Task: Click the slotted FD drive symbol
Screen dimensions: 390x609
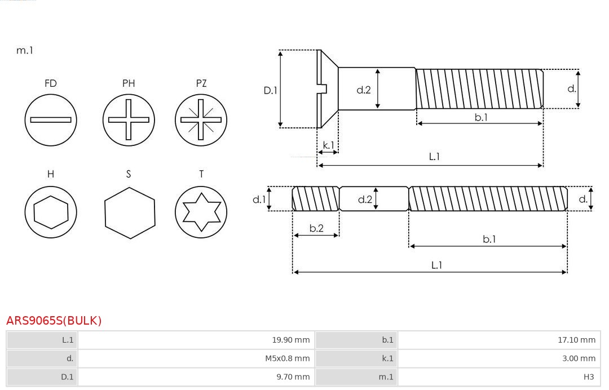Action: (x=51, y=119)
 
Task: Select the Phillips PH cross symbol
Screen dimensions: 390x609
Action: (x=129, y=119)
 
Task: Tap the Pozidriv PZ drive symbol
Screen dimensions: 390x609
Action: (x=201, y=119)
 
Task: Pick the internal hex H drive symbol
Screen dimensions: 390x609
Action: (x=51, y=212)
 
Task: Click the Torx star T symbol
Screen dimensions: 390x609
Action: (x=201, y=212)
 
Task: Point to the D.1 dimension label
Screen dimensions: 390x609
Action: (x=271, y=90)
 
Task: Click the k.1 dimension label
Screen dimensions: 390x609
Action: (x=328, y=145)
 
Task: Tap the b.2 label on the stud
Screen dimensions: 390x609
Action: (x=316, y=228)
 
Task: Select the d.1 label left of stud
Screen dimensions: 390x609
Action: (x=259, y=199)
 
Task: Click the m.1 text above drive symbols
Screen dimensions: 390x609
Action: (x=25, y=50)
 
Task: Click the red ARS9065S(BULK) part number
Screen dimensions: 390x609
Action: (x=54, y=321)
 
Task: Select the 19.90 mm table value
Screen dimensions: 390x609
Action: (x=291, y=340)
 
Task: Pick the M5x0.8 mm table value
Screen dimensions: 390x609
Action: (x=288, y=358)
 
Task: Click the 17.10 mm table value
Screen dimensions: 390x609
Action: (x=577, y=340)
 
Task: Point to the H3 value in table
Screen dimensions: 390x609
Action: (x=589, y=377)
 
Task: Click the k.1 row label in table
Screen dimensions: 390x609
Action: (x=387, y=358)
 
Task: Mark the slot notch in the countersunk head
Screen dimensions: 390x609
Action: (x=323, y=88)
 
